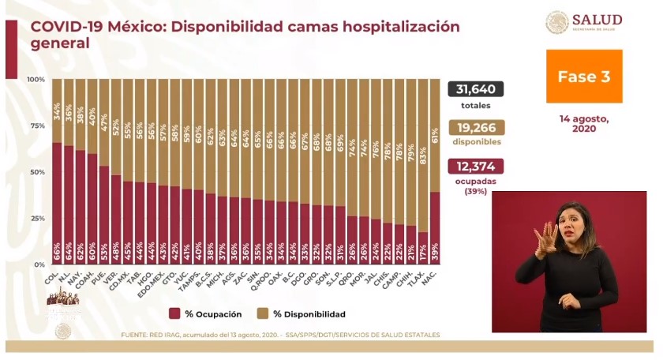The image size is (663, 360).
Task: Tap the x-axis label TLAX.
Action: pyautogui.click(x=421, y=277)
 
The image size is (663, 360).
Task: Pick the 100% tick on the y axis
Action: pyautogui.click(x=36, y=80)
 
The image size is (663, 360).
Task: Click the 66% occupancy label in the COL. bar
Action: pyautogui.click(x=57, y=251)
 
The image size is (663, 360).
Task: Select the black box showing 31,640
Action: pyautogui.click(x=476, y=89)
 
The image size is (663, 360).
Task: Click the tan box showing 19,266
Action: pyautogui.click(x=476, y=128)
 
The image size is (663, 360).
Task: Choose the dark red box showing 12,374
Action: pyautogui.click(x=476, y=167)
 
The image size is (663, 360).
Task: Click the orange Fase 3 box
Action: pyautogui.click(x=584, y=77)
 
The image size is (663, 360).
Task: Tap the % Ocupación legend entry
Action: pyautogui.click(x=207, y=313)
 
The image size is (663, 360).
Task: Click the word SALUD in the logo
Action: pyautogui.click(x=597, y=19)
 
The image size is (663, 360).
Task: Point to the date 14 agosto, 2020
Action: pyautogui.click(x=584, y=123)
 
